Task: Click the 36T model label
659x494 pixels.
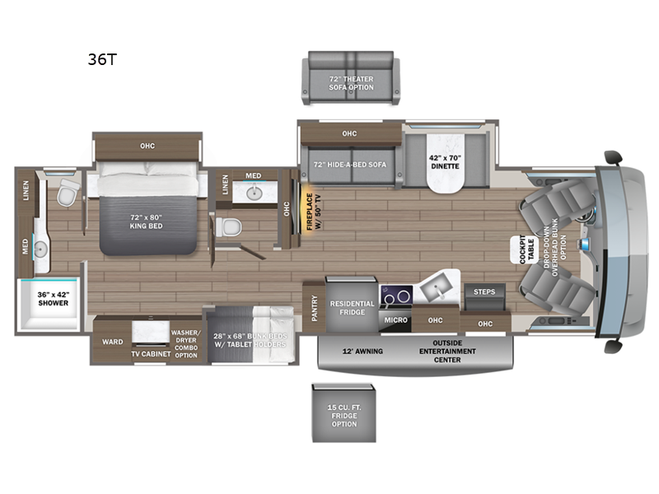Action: pos(102,59)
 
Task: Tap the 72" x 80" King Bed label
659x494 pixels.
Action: pos(146,221)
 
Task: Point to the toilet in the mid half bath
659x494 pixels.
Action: pos(228,227)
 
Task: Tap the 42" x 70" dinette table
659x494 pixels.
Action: pos(445,163)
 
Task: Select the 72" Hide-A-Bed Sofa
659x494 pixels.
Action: pos(350,165)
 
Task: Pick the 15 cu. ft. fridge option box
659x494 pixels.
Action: pos(344,413)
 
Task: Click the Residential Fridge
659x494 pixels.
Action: pos(352,305)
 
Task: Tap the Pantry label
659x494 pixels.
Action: pos(315,308)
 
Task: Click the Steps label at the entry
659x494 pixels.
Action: pos(484,291)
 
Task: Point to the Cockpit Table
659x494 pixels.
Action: pos(525,250)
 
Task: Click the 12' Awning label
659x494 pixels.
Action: pos(362,352)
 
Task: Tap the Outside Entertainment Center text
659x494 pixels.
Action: pos(447,352)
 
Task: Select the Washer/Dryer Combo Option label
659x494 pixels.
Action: pos(186,343)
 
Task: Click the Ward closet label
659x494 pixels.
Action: pos(113,342)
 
